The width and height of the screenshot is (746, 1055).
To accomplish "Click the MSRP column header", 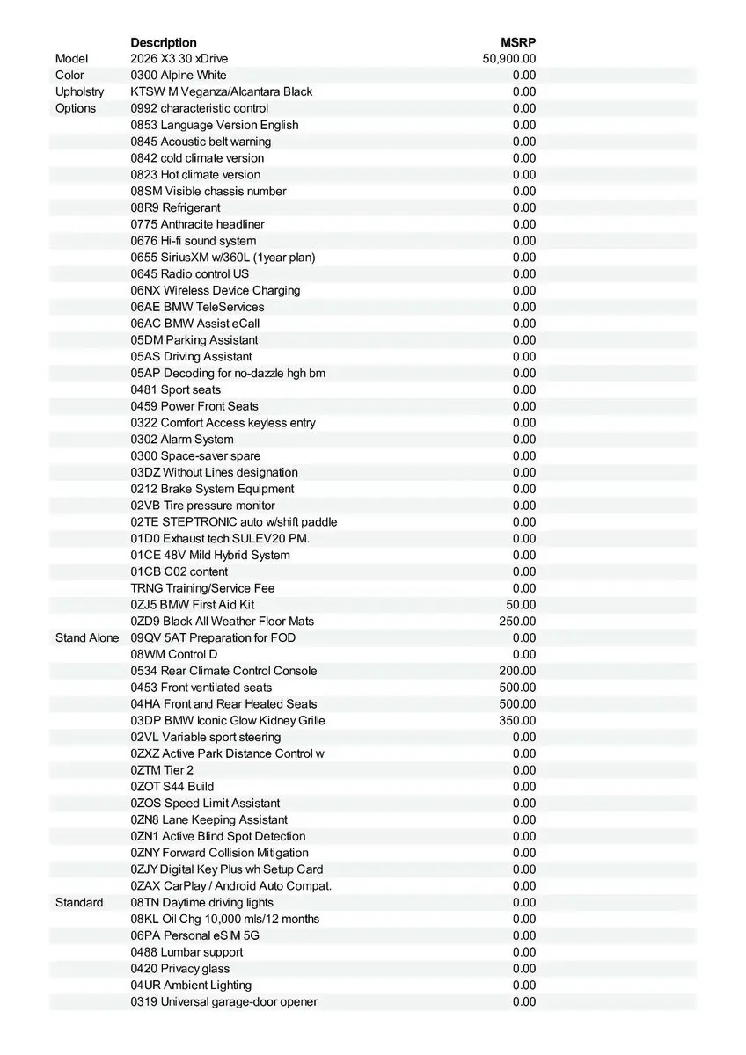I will coord(518,42).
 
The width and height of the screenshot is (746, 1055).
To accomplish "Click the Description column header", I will coord(164,42).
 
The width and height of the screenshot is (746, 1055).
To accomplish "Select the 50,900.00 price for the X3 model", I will coord(509,59).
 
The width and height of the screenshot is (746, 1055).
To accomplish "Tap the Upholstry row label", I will coord(79,91).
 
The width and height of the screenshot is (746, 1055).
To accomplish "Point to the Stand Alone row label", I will coord(86,637).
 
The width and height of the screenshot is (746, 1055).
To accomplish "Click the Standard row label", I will coord(79,902).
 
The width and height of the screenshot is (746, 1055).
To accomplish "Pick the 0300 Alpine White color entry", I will coord(179,76).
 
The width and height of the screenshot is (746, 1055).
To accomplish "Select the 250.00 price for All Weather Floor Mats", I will coord(517,621).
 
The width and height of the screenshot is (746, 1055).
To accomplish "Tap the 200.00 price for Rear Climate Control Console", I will coord(517,671).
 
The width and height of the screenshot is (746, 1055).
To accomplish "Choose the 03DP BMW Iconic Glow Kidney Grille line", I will coord(228,720).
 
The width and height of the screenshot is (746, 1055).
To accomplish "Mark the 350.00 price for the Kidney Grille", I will coord(517,720).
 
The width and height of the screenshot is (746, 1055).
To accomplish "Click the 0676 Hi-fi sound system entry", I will coord(194,241).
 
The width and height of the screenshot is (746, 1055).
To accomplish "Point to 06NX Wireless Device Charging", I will coord(216,290).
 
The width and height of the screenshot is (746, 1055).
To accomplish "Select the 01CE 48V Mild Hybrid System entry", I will coord(210,555).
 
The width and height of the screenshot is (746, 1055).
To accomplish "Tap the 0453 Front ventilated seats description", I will coord(201,688).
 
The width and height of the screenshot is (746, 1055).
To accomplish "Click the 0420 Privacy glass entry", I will coord(180,968).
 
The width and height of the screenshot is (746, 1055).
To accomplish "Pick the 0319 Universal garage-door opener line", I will coord(224,1001).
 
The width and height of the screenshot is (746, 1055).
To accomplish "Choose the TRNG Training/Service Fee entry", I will coord(203,588).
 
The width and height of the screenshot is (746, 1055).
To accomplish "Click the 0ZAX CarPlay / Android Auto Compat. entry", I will coord(231,885).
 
